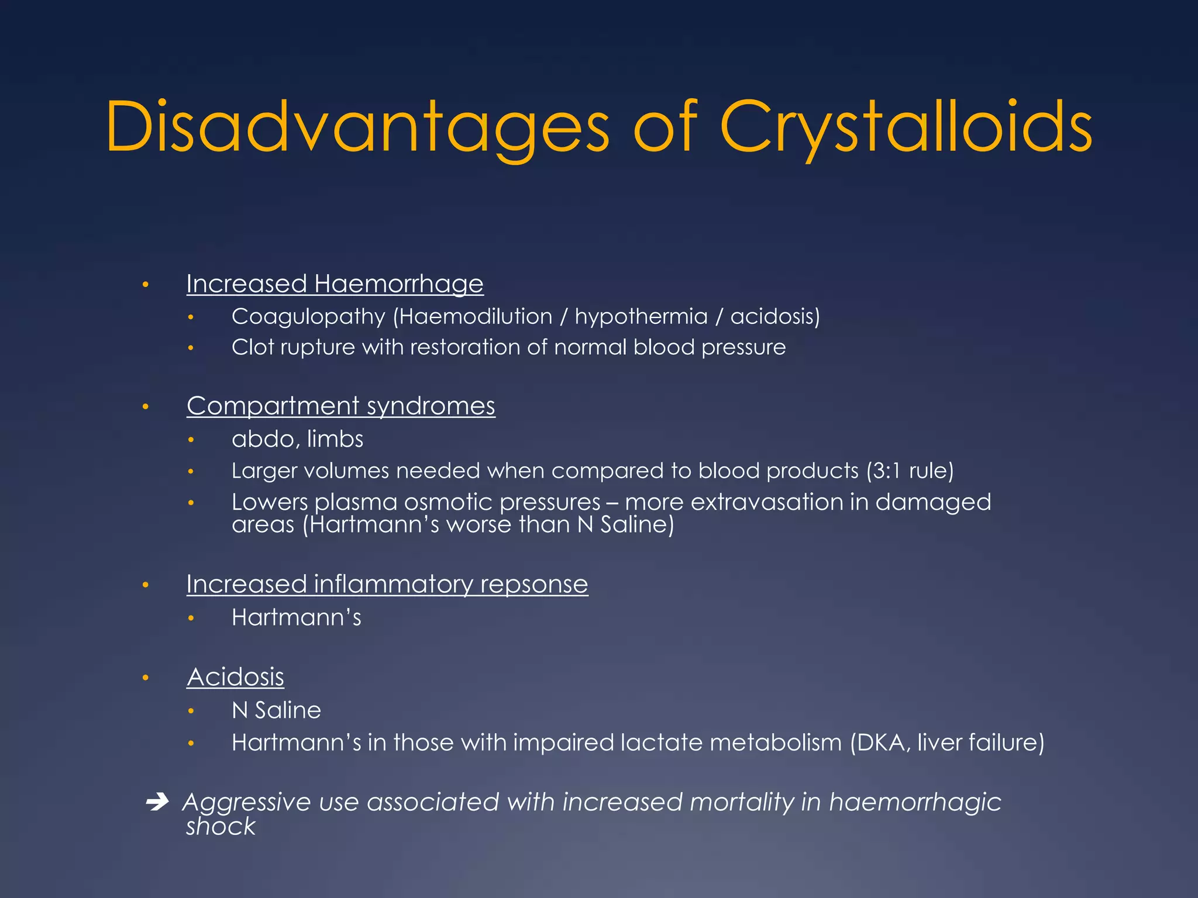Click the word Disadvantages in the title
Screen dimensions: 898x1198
point(357,127)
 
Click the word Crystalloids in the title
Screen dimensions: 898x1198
point(906,127)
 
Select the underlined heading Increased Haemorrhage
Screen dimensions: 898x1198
point(335,284)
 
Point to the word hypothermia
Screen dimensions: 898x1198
point(641,317)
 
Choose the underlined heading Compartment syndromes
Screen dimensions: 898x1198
point(340,406)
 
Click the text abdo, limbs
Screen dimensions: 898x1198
point(297,439)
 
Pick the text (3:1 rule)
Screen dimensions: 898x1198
point(910,471)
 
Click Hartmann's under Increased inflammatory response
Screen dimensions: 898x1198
point(296,617)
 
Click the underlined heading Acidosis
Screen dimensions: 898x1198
point(235,678)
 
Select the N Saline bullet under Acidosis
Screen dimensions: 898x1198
point(276,710)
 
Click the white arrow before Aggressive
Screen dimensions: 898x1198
point(157,802)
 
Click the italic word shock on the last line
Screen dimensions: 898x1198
point(221,827)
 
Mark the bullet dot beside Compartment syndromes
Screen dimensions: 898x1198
point(146,407)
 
